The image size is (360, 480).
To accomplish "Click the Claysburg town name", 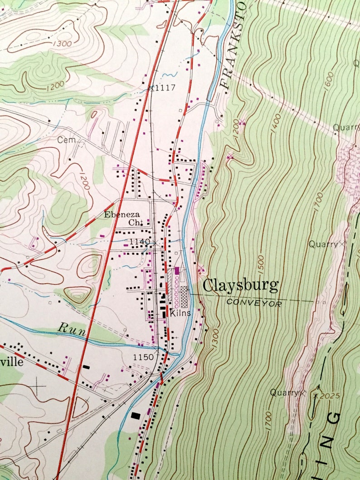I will coord(240,286).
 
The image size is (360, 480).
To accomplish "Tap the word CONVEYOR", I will coord(254,303).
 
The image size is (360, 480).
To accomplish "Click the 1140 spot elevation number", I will coord(139,242).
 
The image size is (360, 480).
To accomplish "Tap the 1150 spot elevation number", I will coord(143,358).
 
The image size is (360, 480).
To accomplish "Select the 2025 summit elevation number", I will coord(329,396).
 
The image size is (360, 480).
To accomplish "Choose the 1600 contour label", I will coord(329,81).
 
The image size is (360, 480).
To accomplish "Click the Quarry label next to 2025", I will coord(284,393).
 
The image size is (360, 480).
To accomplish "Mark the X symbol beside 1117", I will coord(152,88).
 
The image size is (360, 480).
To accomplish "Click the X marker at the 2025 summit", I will coord(316,395).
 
